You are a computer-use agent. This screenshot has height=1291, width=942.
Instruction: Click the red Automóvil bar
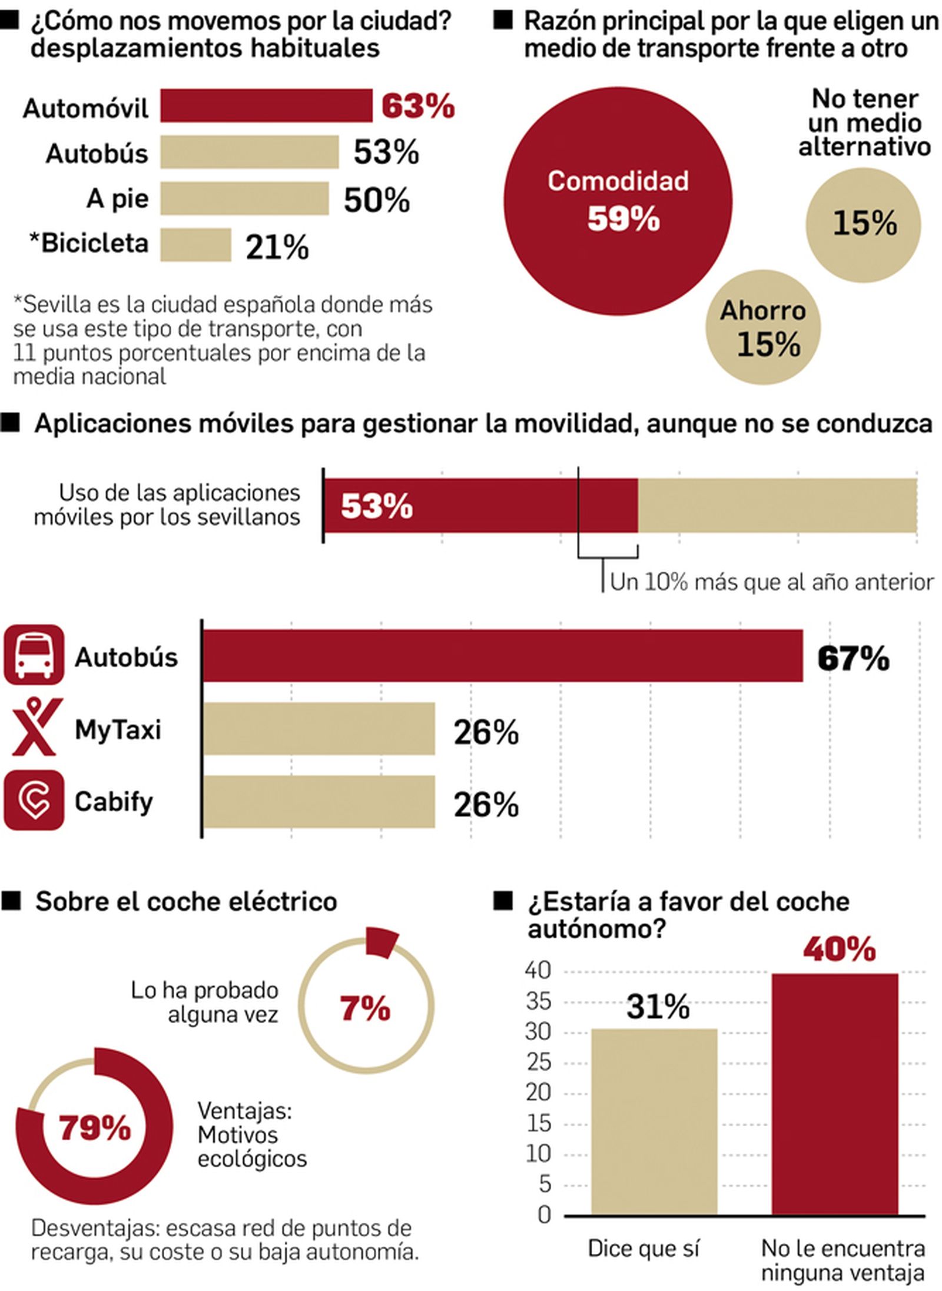pos(266,106)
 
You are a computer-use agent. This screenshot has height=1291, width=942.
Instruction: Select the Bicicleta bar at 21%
pos(195,245)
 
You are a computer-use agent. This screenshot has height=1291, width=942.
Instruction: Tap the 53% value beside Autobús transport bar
pos(386,152)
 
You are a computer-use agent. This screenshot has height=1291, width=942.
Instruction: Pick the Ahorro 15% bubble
pos(763,327)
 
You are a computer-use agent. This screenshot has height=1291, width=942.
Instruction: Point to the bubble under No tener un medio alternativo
pos(863,224)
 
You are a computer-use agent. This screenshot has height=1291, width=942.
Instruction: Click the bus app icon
pos(34,654)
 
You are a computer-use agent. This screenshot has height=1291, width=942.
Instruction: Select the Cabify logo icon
pos(34,800)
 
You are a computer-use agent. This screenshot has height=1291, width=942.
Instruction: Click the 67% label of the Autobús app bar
pos(853,658)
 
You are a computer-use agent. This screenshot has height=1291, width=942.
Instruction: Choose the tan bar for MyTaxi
pos(319,728)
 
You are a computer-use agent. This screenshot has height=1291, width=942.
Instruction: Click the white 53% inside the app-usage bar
pos(377,506)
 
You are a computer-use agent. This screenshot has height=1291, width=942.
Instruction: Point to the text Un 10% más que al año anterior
pos(771,582)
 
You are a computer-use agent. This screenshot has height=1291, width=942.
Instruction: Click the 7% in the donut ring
pos(365,1008)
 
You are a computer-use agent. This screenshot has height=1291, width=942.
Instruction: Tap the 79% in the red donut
pos(94,1129)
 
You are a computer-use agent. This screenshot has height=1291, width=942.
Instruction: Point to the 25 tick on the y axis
pos(538,1063)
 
